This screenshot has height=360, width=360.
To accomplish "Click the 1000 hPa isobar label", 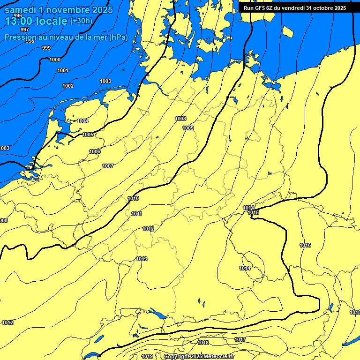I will pos(55,60).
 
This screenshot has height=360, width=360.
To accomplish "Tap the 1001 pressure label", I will pos(63,70).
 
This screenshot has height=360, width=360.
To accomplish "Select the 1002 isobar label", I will pos(68,86).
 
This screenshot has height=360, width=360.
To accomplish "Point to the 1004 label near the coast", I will pos(82,121).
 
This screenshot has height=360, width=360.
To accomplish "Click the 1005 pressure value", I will pos(88,135).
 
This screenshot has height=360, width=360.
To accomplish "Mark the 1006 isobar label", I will pos(95,151).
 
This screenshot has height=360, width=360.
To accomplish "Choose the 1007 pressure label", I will pos(108,166).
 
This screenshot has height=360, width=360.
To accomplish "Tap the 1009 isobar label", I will pos(188,128).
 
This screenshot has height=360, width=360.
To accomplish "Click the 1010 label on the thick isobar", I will pos(133,198).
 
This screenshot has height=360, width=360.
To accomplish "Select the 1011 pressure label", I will pos(137,214).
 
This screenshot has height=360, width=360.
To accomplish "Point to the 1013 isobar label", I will pos(142,259).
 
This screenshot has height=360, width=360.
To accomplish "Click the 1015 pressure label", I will pos(254,212).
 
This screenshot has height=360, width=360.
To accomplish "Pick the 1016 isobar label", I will pos(305,245).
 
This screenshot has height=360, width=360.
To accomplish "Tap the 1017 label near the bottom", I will pos(240,339).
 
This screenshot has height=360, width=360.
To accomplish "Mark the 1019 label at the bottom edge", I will pos(147,356).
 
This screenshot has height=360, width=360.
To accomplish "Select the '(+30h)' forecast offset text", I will pos(81,21).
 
